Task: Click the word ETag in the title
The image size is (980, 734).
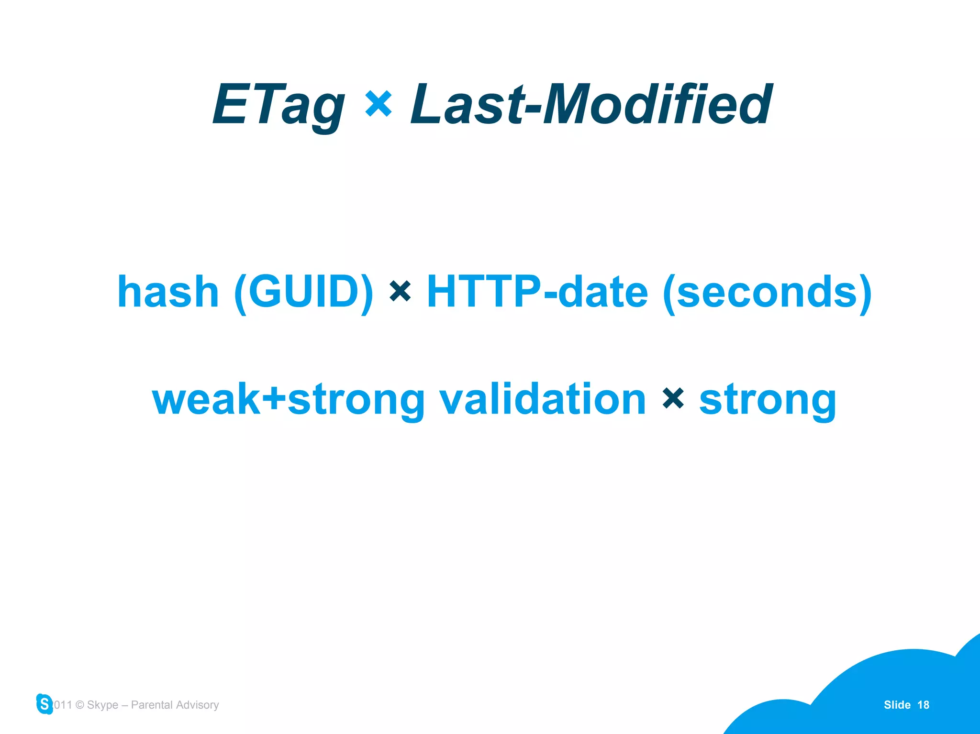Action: click(x=278, y=105)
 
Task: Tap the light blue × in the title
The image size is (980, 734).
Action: click(x=379, y=104)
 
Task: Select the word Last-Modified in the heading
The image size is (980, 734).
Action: click(x=591, y=104)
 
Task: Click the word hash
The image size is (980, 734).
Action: click(x=168, y=292)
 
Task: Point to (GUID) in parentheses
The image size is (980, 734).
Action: click(x=303, y=292)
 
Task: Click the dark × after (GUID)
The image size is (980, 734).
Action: click(x=400, y=291)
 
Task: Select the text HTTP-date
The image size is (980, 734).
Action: click(x=537, y=292)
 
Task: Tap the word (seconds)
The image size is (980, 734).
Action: click(x=767, y=292)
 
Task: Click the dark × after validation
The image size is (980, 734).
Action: click(x=673, y=398)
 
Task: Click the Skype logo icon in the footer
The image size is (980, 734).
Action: click(x=45, y=704)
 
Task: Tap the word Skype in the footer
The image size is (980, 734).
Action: click(x=102, y=705)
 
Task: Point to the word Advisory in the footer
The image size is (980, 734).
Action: click(x=197, y=705)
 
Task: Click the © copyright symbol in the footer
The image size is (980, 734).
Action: click(x=80, y=705)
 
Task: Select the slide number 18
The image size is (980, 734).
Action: click(x=923, y=705)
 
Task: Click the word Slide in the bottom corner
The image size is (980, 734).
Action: click(x=897, y=705)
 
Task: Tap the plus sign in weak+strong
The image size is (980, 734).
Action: click(x=274, y=399)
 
